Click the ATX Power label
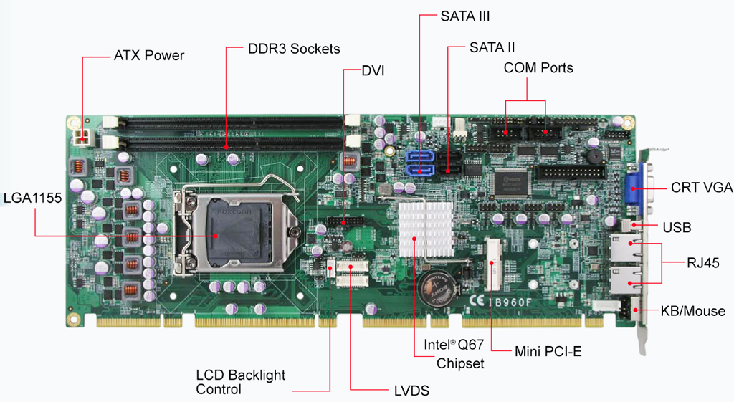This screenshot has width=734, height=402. pos(149,55)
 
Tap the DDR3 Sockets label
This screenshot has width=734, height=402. pos(293,49)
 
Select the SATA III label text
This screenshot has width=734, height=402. pos(464,15)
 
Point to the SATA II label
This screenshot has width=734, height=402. pos(492,48)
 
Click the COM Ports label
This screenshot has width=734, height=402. pos(538,68)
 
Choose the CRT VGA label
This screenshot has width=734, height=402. pos(701,188)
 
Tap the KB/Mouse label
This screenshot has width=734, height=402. pos(693,311)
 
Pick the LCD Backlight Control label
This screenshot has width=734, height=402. pos(241,382)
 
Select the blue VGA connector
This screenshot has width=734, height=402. pos(634,188)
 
